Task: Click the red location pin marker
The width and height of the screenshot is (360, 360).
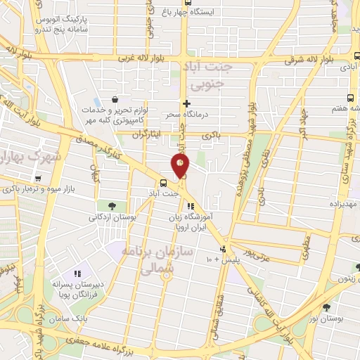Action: point(181,165)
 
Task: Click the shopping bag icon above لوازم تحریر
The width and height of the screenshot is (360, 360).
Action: point(114,100)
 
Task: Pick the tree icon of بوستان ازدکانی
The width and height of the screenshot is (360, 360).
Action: point(112,205)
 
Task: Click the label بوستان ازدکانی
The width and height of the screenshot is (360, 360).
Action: point(112,217)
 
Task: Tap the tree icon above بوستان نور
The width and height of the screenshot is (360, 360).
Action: point(326,307)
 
